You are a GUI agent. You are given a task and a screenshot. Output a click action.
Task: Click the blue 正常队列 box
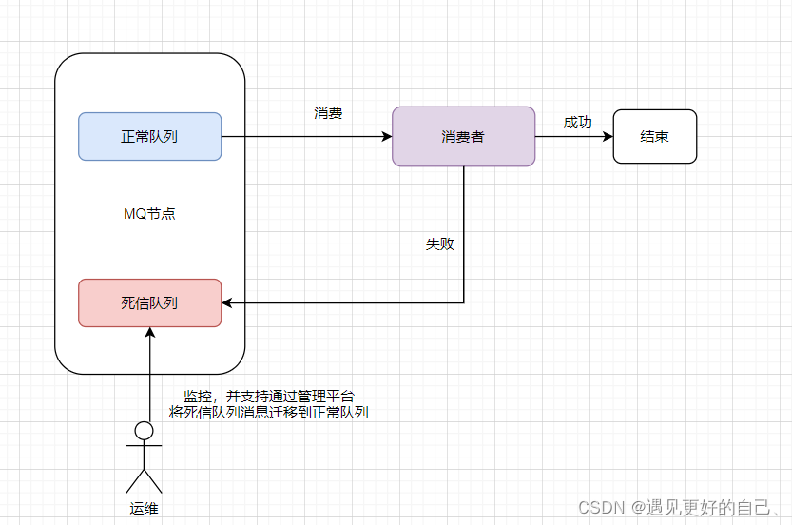pos(149,136)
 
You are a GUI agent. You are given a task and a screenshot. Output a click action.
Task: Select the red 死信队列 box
pos(149,302)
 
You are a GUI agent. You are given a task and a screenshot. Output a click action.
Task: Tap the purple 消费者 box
pos(463,136)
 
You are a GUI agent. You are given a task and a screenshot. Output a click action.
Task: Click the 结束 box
pos(654,136)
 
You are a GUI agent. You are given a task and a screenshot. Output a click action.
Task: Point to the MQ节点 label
pos(149,214)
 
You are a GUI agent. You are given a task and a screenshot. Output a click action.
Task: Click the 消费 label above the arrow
pos(328,113)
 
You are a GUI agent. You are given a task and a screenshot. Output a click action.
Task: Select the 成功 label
pos(577,123)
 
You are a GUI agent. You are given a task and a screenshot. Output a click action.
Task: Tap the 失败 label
pos(439,244)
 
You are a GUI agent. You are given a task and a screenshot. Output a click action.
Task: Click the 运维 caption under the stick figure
pos(144,507)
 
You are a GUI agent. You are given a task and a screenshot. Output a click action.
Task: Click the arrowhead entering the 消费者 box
pos(387,136)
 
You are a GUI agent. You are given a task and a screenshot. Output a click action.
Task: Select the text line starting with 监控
pos(268,397)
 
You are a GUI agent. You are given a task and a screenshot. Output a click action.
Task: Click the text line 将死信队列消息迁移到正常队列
pos(268,413)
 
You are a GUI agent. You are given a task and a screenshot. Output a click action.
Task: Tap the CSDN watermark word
pos(599,506)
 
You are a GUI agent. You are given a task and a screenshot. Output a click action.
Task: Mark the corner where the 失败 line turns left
pos(464,303)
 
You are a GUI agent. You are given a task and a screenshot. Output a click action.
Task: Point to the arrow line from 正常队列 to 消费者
pos(304,136)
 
